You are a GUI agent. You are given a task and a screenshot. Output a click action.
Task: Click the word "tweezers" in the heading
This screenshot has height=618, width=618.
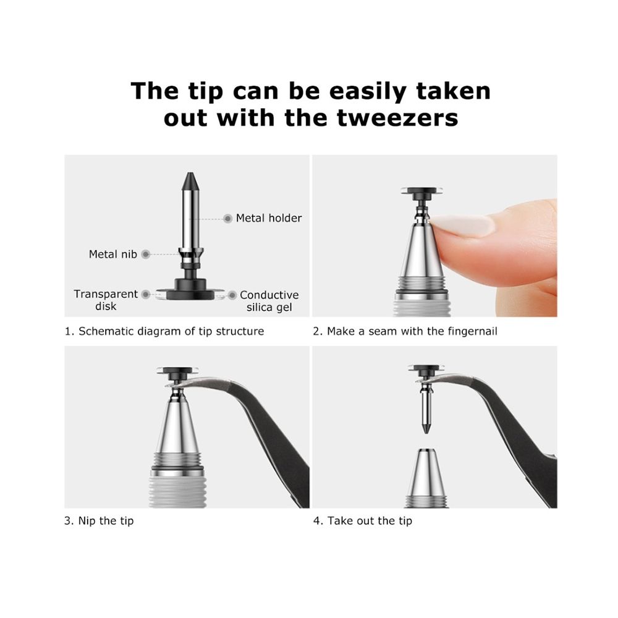397,118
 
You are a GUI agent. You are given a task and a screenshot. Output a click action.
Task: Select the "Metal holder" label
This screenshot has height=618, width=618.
269,218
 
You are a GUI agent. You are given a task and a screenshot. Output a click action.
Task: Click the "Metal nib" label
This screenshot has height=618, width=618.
112,254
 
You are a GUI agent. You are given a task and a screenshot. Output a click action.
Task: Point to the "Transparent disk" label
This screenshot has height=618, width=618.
106,300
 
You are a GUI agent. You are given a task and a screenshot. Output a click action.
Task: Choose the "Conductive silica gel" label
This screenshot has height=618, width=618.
269,301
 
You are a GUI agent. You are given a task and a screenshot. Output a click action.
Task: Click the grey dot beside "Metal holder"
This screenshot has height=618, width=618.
227,218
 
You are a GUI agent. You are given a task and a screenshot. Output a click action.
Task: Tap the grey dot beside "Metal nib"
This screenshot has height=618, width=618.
146,254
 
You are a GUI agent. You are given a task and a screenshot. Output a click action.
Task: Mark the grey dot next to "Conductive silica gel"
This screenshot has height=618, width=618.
232,295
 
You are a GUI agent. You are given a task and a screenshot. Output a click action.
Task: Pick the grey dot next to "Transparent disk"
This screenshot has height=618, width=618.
146,294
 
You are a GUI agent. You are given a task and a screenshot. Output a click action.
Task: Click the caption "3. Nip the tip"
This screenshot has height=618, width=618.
99,520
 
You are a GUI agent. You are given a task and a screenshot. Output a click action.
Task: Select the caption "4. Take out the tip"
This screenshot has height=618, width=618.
363,520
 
